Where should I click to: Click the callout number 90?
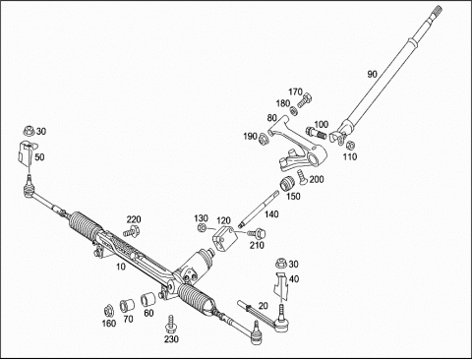point(372,75)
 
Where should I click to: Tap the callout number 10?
point(121,267)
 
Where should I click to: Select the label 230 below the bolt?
point(171,339)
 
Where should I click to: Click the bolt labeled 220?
point(132,231)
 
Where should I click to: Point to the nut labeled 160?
point(108,310)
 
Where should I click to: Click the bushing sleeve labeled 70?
point(127,305)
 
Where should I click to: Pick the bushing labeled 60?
point(147,299)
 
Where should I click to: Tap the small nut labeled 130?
point(203,227)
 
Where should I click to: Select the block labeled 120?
point(225,238)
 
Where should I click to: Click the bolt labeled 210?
point(257,233)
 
